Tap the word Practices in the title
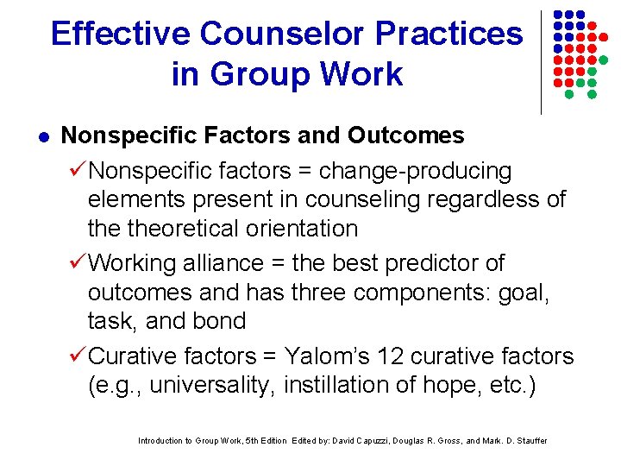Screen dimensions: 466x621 [x=461, y=34]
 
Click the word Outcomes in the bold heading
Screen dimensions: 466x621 [x=406, y=135]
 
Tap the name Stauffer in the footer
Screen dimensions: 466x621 [x=528, y=441]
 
